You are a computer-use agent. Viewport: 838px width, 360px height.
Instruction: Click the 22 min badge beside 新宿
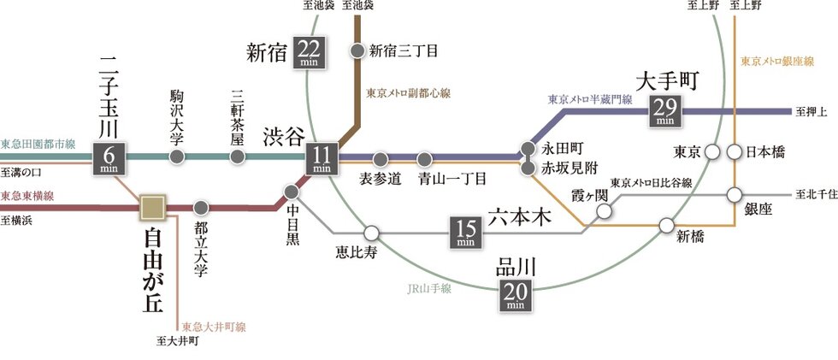[308, 52]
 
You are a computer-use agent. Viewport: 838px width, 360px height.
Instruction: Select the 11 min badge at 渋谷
[322, 158]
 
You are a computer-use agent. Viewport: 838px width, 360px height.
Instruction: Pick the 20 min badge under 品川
[515, 295]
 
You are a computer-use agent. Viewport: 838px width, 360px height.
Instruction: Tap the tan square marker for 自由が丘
[153, 207]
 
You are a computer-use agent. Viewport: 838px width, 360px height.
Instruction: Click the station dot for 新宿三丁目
[358, 50]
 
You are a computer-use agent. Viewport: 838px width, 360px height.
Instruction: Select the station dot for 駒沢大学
[177, 158]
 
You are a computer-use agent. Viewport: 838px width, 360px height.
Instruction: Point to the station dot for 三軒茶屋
[237, 158]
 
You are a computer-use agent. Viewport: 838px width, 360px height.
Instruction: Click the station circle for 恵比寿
[370, 232]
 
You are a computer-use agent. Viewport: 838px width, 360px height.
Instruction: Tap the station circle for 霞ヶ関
[605, 211]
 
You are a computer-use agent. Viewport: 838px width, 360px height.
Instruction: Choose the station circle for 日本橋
[734, 152]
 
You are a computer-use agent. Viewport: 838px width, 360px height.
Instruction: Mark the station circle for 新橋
[668, 226]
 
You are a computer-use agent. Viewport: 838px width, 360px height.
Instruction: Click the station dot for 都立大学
[201, 207]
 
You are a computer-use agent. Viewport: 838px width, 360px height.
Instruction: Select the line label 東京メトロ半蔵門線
[590, 99]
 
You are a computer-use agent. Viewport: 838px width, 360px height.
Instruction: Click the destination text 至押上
[808, 112]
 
